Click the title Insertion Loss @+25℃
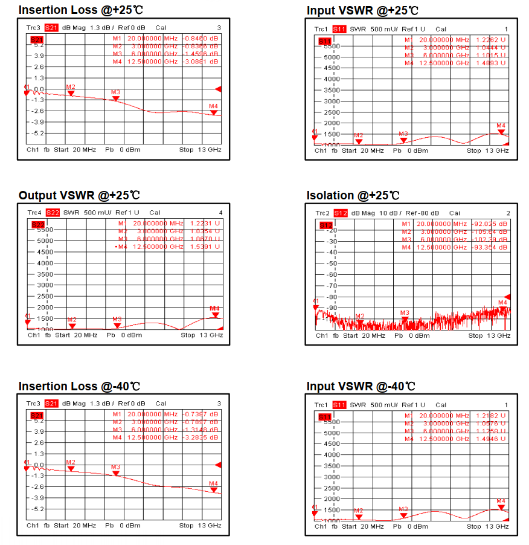pyautogui.click(x=81, y=10)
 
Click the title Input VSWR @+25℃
pyautogui.click(x=362, y=10)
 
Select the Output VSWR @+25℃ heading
pyautogui.click(x=79, y=195)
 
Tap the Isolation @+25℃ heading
pyautogui.click(x=353, y=195)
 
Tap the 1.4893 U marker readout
pyautogui.click(x=490, y=63)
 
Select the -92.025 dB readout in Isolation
pyautogui.click(x=490, y=224)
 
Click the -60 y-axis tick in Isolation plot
pyautogui.click(x=330, y=275)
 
